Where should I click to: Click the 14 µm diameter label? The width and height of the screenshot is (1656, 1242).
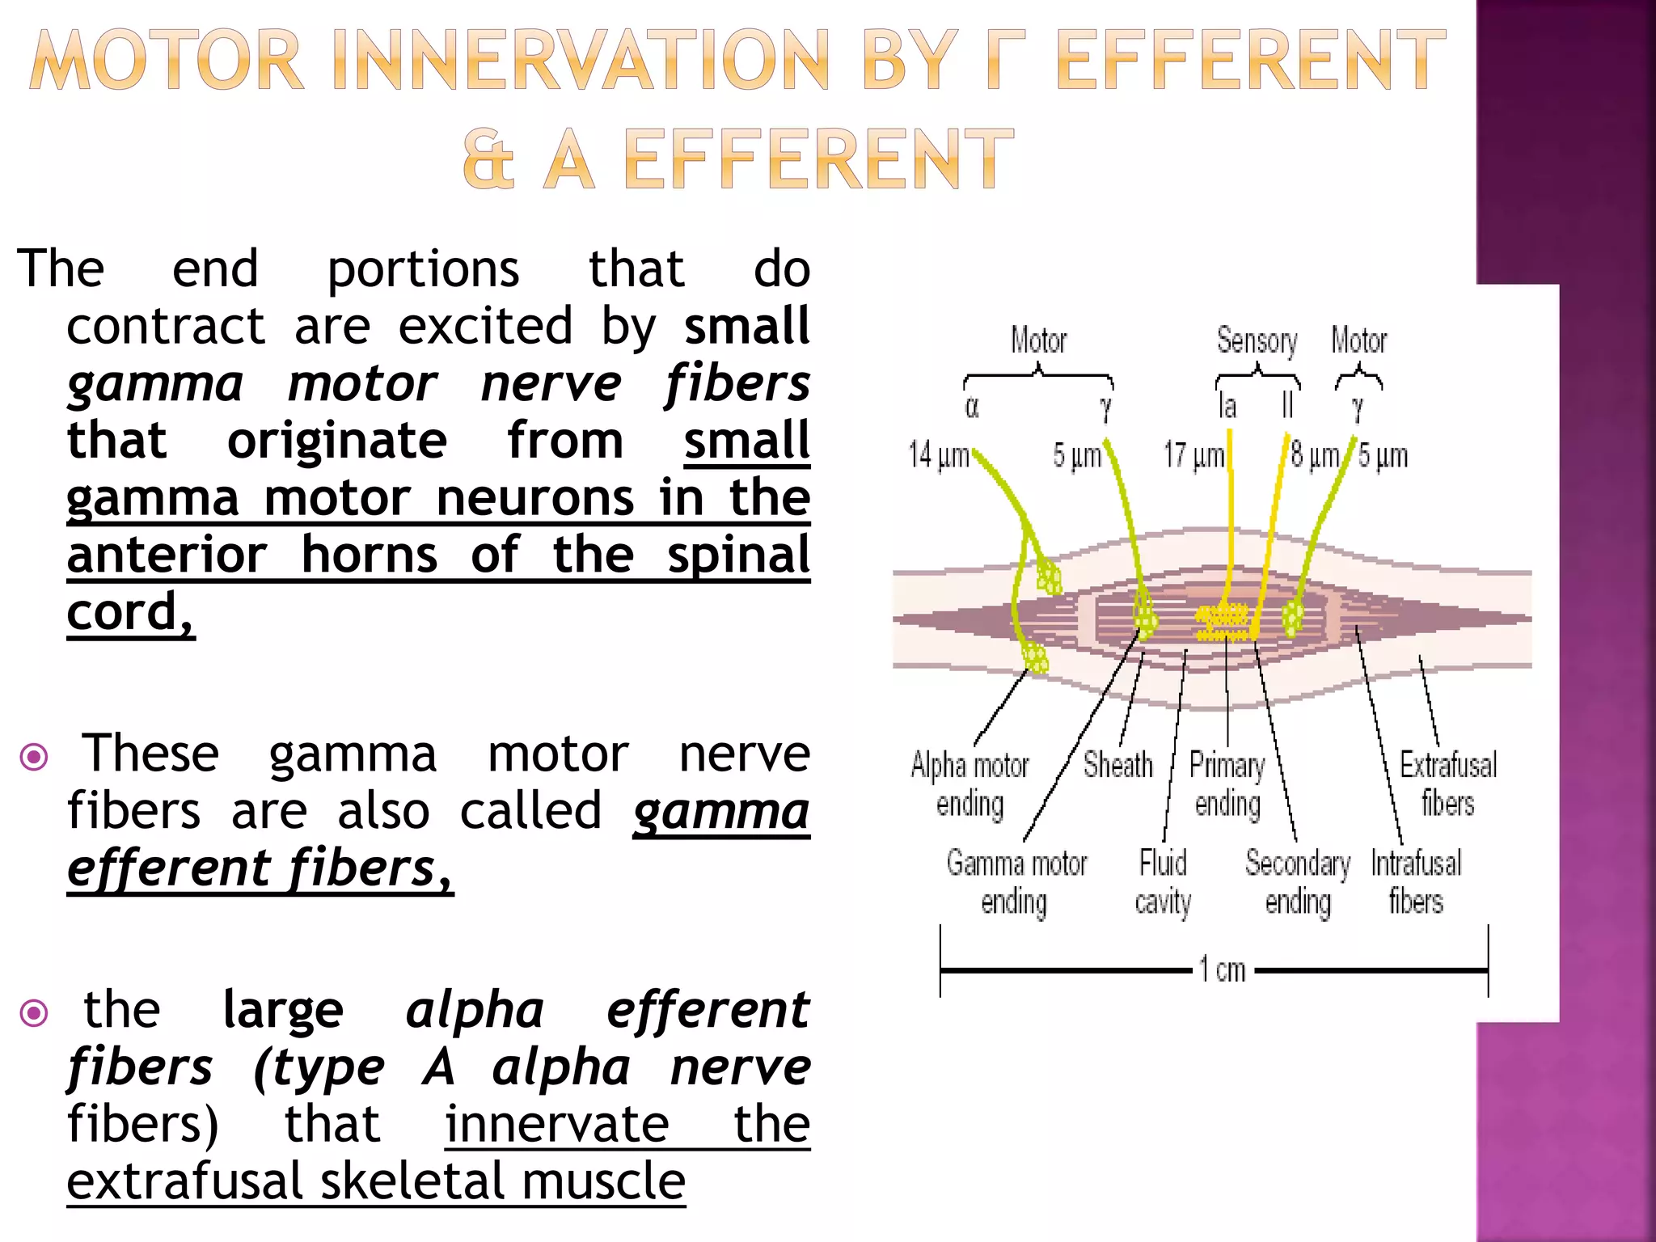[x=938, y=455]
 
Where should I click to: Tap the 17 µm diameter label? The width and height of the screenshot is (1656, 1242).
[x=1193, y=455]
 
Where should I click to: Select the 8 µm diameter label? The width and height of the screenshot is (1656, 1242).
[x=1315, y=455]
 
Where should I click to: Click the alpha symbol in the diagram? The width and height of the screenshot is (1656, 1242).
[x=972, y=408]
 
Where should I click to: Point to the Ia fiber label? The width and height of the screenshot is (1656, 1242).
[x=1227, y=406]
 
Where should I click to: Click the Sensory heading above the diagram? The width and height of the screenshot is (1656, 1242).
[x=1257, y=340]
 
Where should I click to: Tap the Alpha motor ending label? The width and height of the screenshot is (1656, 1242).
[x=970, y=784]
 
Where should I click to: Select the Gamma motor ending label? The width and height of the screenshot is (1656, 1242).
[x=1016, y=882]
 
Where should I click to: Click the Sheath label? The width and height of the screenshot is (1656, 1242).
[x=1117, y=765]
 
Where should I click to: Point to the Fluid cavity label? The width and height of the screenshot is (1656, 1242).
[x=1163, y=882]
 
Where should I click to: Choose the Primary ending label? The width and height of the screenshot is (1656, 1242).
[x=1227, y=784]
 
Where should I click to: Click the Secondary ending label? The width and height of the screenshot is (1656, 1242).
[x=1298, y=882]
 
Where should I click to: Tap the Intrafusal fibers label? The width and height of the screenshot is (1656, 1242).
[x=1416, y=882]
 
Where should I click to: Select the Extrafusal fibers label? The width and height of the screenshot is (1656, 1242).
[x=1447, y=784]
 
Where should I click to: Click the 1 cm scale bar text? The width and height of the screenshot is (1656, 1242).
[x=1222, y=969]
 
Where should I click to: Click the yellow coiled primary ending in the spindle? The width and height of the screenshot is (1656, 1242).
[x=1223, y=620]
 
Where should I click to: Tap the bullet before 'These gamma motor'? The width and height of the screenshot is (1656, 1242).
[x=34, y=758]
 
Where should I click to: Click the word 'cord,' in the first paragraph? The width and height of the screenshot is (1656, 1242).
[x=130, y=612]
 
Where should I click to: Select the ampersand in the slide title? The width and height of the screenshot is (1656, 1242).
[x=488, y=159]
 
